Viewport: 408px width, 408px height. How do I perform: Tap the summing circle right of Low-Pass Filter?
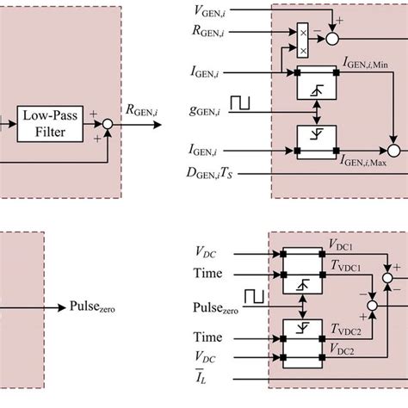tap(108, 125)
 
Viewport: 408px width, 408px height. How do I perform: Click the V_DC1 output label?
tap(343, 246)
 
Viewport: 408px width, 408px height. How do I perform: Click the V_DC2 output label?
tap(343, 353)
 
